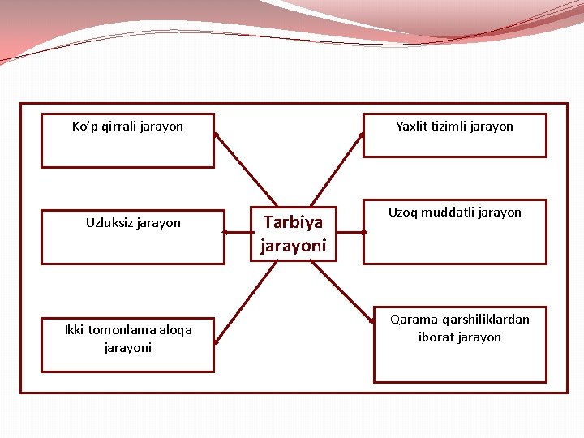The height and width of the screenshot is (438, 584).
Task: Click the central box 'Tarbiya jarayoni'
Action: click(293, 233)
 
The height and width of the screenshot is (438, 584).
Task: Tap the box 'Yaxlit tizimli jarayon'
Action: click(454, 135)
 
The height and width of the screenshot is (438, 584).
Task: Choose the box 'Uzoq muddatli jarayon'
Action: click(454, 232)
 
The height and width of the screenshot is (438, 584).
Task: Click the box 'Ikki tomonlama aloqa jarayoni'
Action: click(127, 345)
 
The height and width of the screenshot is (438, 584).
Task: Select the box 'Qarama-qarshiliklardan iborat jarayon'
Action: click(459, 344)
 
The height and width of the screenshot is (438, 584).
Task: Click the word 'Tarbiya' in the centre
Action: click(293, 222)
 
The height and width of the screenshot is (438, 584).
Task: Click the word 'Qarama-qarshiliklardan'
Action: click(459, 320)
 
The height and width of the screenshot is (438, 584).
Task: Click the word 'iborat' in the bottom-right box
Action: click(436, 337)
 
